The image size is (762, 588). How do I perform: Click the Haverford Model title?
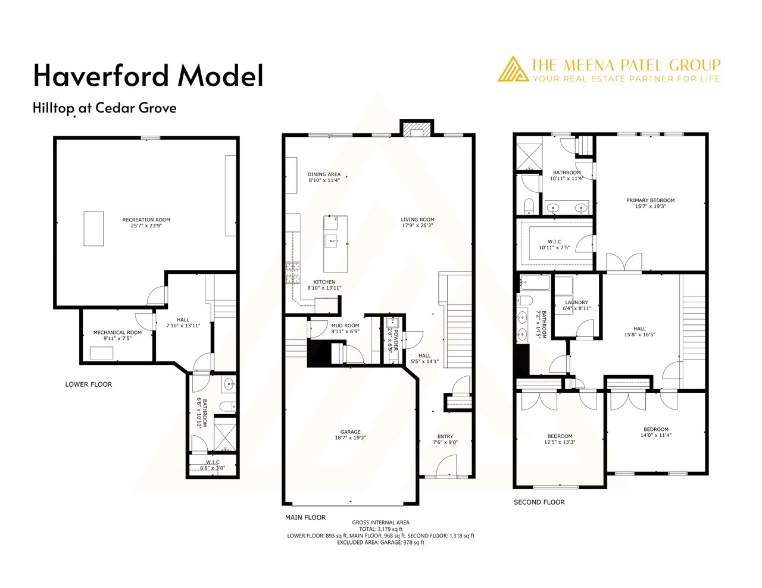tap(148, 76)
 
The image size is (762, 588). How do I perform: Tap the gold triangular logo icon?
tap(513, 69)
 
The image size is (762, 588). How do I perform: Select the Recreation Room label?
tap(146, 220)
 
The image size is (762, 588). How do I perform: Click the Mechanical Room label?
tap(117, 332)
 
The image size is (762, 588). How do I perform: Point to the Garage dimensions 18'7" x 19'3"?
tap(350, 437)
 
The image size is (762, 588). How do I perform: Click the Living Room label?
tap(417, 220)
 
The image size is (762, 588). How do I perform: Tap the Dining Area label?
tap(324, 174)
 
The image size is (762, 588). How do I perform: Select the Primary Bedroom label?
tap(651, 201)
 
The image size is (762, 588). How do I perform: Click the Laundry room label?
tap(576, 302)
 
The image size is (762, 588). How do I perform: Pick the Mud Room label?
tap(345, 326)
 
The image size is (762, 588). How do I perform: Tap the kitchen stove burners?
tap(293, 273)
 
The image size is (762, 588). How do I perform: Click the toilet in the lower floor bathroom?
tap(228, 407)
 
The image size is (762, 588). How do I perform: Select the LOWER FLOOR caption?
tap(89, 384)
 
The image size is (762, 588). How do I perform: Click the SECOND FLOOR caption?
tap(539, 502)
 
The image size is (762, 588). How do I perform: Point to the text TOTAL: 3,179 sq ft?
tap(381, 528)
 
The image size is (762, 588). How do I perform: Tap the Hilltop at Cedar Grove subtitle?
tap(105, 108)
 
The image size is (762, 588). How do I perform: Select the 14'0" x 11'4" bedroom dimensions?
tap(656, 435)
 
